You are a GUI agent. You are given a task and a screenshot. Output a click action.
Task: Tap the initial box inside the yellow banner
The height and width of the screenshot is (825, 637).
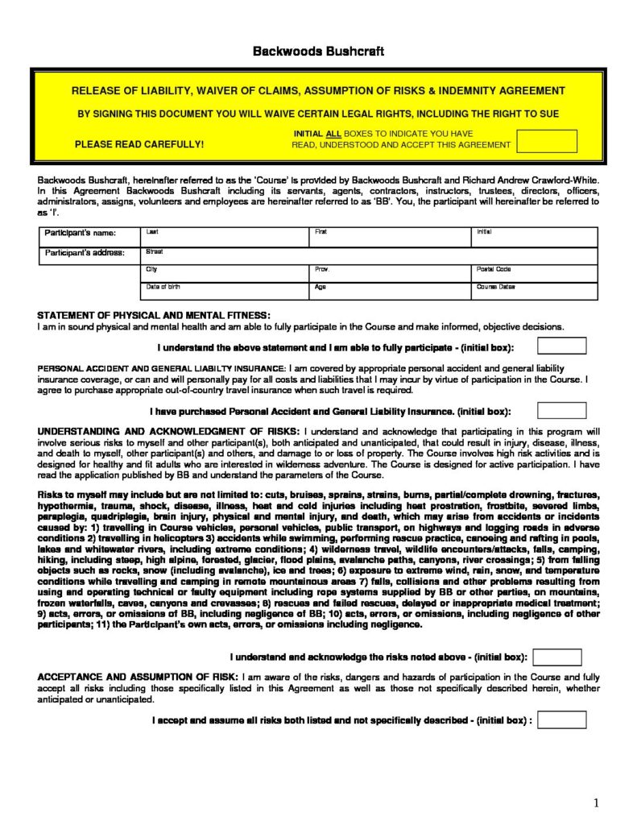(547, 141)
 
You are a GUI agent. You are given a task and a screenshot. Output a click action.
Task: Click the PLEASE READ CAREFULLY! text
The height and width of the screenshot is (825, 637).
(139, 145)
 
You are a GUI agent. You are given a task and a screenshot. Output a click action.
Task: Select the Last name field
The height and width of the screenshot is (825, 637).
(225, 237)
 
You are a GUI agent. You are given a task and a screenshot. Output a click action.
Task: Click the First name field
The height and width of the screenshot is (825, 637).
(390, 237)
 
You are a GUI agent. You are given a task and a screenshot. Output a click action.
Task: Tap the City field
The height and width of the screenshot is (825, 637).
(225, 274)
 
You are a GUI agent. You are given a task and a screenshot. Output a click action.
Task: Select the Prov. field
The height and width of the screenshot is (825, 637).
(390, 274)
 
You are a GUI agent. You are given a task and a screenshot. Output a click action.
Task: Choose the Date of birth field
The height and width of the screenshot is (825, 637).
(225, 292)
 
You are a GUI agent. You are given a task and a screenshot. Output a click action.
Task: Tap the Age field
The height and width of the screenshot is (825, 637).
(390, 292)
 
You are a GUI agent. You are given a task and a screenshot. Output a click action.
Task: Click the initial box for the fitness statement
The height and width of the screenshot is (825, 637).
(561, 346)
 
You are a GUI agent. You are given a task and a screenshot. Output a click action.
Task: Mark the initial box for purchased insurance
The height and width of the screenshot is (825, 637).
(561, 410)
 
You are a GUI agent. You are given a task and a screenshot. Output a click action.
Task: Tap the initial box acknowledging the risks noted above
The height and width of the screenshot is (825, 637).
(557, 657)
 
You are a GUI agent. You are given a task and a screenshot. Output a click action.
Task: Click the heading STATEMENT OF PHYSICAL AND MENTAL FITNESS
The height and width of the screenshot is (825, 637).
(155, 315)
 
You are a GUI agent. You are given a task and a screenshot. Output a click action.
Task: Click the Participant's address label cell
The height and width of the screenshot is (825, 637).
(85, 253)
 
